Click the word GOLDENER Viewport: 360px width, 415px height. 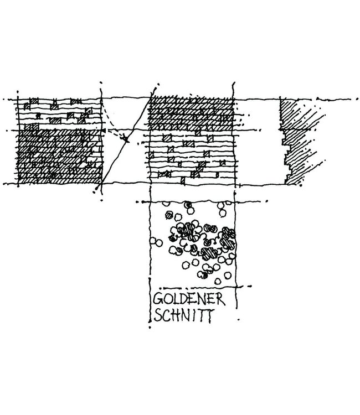pyautogui.click(x=189, y=299)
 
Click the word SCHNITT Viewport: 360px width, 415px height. pyautogui.click(x=183, y=315)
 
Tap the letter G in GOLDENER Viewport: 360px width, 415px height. pyautogui.click(x=158, y=299)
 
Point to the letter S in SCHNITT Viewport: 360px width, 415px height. pyautogui.click(x=158, y=315)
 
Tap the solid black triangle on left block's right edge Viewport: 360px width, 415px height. pyautogui.click(x=104, y=131)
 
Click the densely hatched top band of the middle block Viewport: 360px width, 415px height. pyautogui.click(x=191, y=114)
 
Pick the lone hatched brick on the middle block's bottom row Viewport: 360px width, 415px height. pyautogui.click(x=183, y=180)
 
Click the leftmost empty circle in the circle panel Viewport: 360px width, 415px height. pyautogui.click(x=153, y=241)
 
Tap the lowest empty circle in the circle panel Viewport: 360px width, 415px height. pyautogui.click(x=218, y=281)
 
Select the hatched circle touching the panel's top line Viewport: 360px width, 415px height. pyautogui.click(x=188, y=205)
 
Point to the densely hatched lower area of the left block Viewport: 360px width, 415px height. pyautogui.click(x=60, y=156)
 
